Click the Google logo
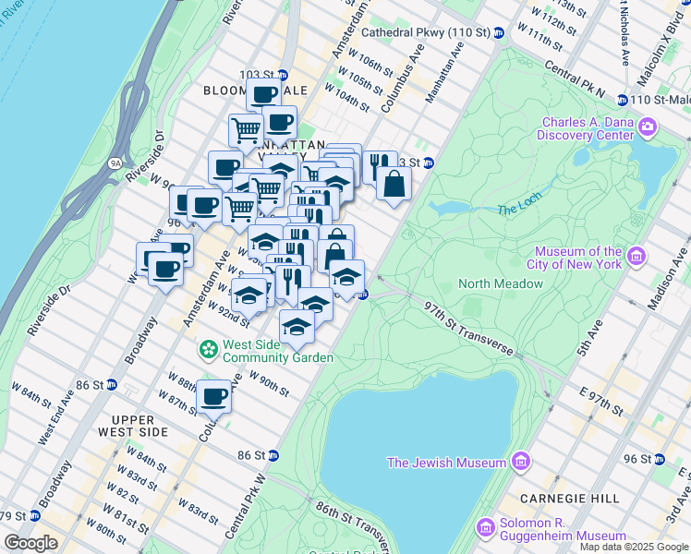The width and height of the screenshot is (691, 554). click(x=31, y=543)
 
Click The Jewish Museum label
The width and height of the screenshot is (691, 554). click(x=446, y=463)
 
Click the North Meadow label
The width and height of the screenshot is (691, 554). click(x=501, y=283)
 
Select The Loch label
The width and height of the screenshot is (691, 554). click(x=516, y=210)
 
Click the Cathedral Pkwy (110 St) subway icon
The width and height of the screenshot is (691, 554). click(x=499, y=33)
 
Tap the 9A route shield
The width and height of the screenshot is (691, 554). click(x=115, y=163)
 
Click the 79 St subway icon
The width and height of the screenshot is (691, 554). click(x=34, y=515)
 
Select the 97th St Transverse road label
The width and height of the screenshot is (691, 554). click(x=468, y=325)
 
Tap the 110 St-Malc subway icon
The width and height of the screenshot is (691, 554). click(x=623, y=100)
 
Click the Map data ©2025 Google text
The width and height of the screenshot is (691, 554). click(x=634, y=547)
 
